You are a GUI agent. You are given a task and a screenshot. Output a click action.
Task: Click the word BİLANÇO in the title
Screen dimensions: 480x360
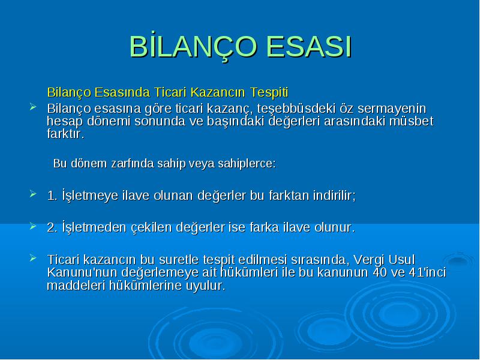tap(193, 47)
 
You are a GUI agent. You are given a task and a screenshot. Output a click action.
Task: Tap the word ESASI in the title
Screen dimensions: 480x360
tap(310, 47)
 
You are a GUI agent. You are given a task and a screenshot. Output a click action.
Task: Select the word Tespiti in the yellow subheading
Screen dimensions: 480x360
tap(269, 92)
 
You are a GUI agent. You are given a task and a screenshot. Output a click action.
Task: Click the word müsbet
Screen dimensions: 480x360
tap(412, 121)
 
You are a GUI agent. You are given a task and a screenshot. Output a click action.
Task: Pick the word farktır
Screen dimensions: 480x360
tap(65, 134)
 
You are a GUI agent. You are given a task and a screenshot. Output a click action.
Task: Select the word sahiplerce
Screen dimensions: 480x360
tap(247, 163)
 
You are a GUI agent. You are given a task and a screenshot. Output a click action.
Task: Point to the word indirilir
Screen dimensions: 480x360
tap(334, 196)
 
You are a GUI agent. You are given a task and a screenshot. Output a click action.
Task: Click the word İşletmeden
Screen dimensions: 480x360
tap(94, 227)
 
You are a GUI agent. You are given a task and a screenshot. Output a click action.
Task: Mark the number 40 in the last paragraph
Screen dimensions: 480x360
tap(380, 272)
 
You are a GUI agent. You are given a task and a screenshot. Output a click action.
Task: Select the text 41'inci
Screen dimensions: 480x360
tap(428, 272)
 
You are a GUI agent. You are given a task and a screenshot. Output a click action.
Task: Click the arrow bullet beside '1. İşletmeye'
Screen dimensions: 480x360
tap(33, 194)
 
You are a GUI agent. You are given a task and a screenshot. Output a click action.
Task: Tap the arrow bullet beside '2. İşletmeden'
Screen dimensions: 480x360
tap(33, 226)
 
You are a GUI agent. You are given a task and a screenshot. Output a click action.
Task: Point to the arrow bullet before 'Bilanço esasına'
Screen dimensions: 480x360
tap(33, 107)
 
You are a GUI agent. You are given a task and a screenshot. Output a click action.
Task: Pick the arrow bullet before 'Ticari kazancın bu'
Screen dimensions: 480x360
tap(33, 258)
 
